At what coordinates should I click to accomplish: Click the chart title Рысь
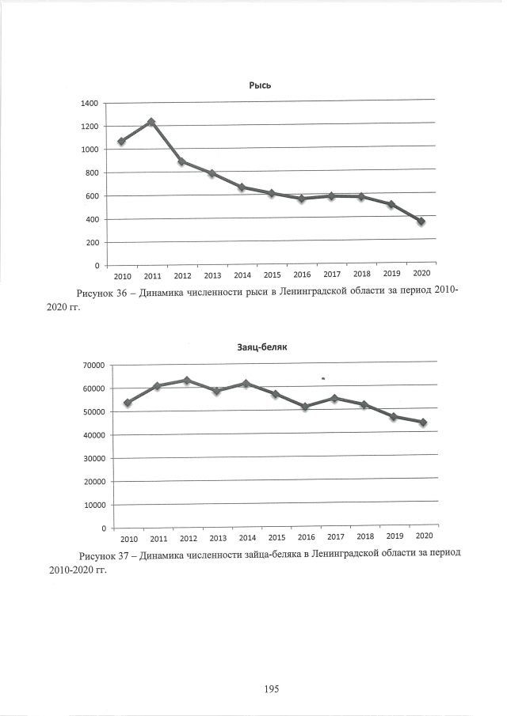[261, 85]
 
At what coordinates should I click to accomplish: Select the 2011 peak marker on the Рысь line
[151, 122]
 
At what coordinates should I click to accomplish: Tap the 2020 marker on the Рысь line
[421, 222]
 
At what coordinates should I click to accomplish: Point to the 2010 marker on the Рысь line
[121, 142]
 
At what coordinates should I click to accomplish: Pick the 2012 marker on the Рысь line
[181, 161]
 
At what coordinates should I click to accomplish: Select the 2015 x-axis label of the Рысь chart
[273, 275]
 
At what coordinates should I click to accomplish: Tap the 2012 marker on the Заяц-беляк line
[187, 381]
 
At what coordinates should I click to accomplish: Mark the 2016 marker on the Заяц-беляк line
[305, 407]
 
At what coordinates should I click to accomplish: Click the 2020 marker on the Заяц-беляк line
[423, 422]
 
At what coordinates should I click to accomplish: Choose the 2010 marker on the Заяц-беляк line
[128, 403]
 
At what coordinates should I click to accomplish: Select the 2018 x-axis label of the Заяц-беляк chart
[365, 536]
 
